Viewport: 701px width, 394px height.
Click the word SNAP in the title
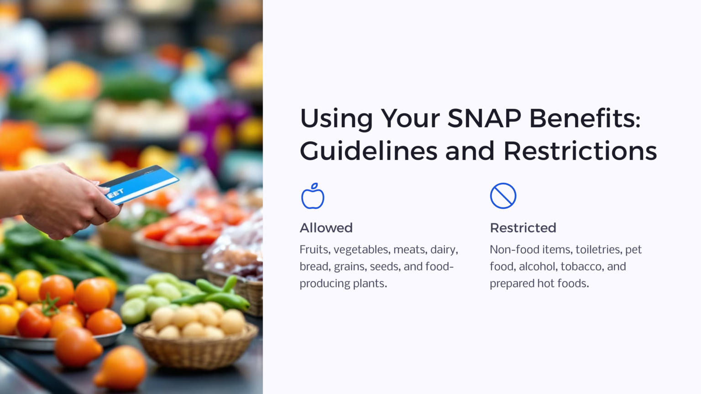[484, 119]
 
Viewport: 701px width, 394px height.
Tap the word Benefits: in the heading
[585, 119]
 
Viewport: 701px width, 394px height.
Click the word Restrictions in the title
[580, 151]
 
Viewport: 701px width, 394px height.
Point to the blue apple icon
[313, 196]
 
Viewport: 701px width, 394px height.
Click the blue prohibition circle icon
[503, 196]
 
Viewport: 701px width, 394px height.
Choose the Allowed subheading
[326, 228]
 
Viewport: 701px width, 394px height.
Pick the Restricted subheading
[523, 228]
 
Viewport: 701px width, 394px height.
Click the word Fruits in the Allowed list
[315, 250]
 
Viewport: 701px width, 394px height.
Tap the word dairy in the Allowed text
[444, 250]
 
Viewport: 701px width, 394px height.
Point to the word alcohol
[538, 267]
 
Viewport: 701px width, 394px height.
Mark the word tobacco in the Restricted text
[582, 267]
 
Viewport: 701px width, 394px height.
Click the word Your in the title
[410, 119]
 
